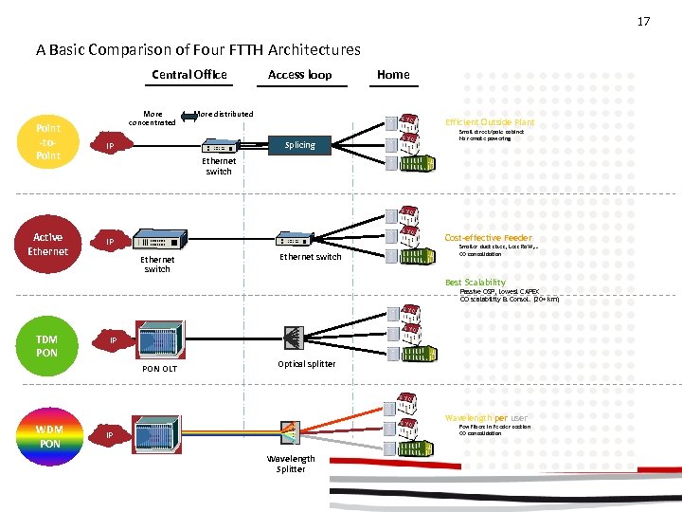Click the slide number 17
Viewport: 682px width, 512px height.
(643, 21)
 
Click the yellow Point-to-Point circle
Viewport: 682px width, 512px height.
(48, 141)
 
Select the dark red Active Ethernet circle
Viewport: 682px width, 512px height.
(48, 245)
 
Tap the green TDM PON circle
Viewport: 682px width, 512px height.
(47, 345)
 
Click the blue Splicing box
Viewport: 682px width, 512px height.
(299, 145)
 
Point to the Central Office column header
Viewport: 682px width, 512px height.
(188, 74)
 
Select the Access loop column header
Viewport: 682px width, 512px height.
(299, 74)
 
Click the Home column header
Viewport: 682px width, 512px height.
(393, 74)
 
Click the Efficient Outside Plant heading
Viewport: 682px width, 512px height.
(490, 122)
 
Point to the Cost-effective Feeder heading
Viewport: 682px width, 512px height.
(488, 238)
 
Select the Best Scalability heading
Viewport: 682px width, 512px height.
(476, 283)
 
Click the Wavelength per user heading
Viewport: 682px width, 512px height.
(486, 418)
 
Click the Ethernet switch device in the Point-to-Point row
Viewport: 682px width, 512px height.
(219, 147)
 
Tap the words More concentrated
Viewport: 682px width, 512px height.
(152, 118)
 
